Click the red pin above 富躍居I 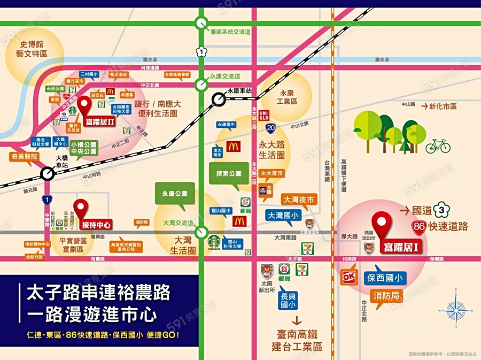[382, 223]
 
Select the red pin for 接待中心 [81, 207]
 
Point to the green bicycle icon [438, 145]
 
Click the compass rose [455, 310]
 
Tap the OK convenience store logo [349, 278]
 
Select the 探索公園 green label [229, 174]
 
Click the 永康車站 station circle [219, 99]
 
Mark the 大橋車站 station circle [47, 174]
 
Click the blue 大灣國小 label [283, 215]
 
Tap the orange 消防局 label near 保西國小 [386, 296]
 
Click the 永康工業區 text [286, 97]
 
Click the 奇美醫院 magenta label [24, 157]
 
